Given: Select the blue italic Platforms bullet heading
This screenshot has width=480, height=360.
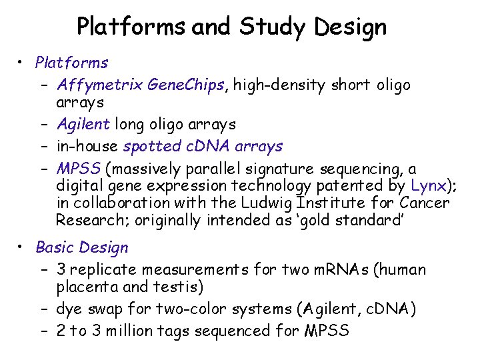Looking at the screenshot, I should [x=71, y=63].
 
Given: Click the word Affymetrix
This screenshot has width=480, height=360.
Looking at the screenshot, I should [x=99, y=85].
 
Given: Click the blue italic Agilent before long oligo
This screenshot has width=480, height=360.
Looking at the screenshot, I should [x=83, y=124].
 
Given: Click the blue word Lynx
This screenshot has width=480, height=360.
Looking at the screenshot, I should [x=427, y=185].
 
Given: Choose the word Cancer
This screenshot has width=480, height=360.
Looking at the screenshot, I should [x=425, y=203].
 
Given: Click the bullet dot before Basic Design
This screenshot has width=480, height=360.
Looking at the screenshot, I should [x=23, y=247].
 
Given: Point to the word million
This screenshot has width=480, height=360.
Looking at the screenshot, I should [x=136, y=331].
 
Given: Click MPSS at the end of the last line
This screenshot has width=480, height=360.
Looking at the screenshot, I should [x=326, y=331].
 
